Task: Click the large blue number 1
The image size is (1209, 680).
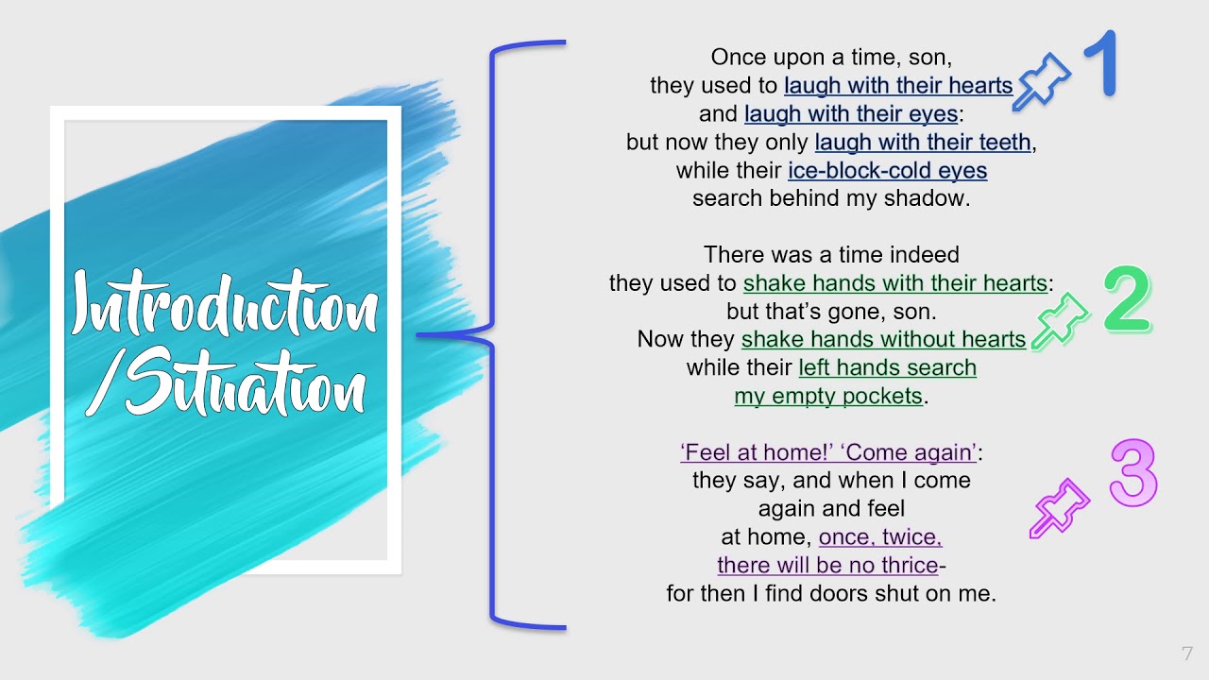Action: coord(1100,64)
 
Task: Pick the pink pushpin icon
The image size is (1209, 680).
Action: coord(1059,508)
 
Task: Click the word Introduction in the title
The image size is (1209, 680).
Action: coord(225,304)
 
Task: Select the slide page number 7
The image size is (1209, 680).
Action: coord(1186,654)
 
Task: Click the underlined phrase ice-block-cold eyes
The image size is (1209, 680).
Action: coord(887,171)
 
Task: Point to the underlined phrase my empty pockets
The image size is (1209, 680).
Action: coord(828,396)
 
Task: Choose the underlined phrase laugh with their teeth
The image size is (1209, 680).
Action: coord(923,143)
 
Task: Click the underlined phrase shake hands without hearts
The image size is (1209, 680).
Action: coord(883,339)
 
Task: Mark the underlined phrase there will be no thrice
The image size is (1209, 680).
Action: coord(828,566)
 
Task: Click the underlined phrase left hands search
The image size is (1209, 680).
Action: coord(887,367)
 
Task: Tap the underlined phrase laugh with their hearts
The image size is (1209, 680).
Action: coord(897,86)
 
